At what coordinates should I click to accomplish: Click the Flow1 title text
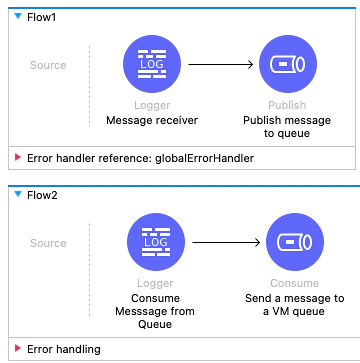coord(42,17)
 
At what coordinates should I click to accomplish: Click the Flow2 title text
coord(42,195)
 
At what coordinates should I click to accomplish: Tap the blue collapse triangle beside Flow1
coord(18,16)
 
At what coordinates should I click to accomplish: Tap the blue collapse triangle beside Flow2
coord(18,194)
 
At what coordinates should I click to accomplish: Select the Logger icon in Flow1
coord(152,64)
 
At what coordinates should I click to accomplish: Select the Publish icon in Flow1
coord(287,64)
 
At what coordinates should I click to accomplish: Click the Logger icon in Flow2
coord(156,242)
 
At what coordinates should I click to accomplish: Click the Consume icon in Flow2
coord(294,242)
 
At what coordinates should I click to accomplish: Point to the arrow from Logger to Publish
coord(220,64)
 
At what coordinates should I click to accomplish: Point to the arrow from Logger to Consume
coord(226,242)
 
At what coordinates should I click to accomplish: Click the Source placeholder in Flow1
coord(48,65)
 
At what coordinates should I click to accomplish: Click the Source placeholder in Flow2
coord(48,243)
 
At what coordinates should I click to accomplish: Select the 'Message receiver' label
coord(152,120)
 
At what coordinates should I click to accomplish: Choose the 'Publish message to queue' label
coord(287,127)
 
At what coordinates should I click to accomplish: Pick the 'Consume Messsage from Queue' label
coord(155,311)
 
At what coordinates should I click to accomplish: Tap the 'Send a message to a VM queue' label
coord(294,304)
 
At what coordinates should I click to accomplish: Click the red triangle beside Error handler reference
coord(18,158)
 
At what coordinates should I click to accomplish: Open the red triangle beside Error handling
coord(18,348)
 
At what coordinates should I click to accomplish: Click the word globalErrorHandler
coord(204,158)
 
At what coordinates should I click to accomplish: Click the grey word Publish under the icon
coord(287,105)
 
